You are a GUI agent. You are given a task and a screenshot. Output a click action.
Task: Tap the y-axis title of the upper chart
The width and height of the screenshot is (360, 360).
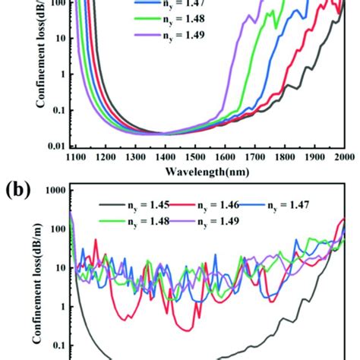[19, 68]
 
